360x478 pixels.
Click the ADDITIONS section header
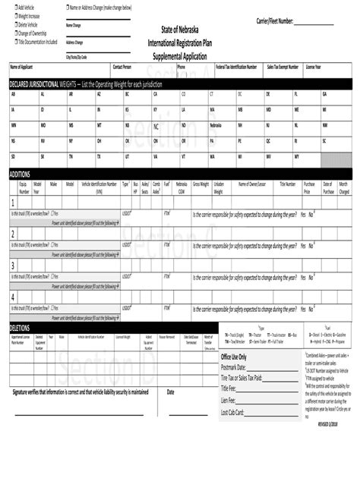20,175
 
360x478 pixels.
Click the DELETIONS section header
20,327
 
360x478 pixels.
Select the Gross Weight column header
201,184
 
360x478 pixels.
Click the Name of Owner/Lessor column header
252,184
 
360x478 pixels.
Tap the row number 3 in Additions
12,266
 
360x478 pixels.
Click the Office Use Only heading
234,356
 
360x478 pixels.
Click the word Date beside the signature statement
171,392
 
